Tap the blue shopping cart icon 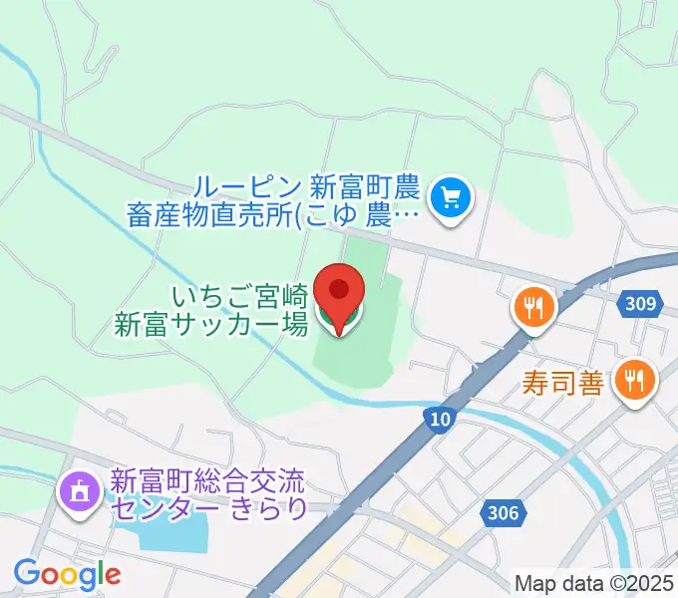453,196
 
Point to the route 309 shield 644,304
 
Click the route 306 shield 504,512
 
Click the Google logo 66,573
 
